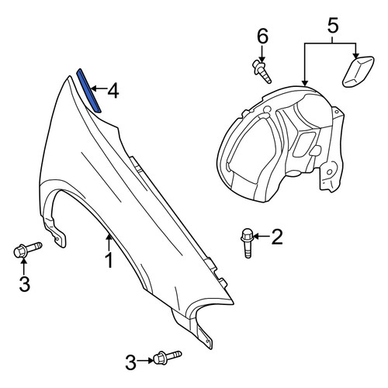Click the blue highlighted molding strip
(x=88, y=91)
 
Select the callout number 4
(x=113, y=92)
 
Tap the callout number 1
(x=109, y=261)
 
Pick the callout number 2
(x=276, y=237)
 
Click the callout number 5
(x=333, y=26)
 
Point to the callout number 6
(x=262, y=36)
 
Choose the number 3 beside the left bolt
(x=24, y=284)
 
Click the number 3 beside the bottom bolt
(x=130, y=362)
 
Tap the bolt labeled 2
(x=247, y=243)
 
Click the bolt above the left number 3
(x=27, y=249)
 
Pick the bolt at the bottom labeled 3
(x=168, y=357)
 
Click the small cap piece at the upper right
(x=358, y=71)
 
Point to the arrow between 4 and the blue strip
(x=99, y=88)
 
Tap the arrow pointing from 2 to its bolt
(x=261, y=236)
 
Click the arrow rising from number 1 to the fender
(x=109, y=241)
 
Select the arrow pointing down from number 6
(x=262, y=54)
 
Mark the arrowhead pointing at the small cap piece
(x=355, y=56)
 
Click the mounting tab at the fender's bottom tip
(x=206, y=337)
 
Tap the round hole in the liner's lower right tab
(x=329, y=172)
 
